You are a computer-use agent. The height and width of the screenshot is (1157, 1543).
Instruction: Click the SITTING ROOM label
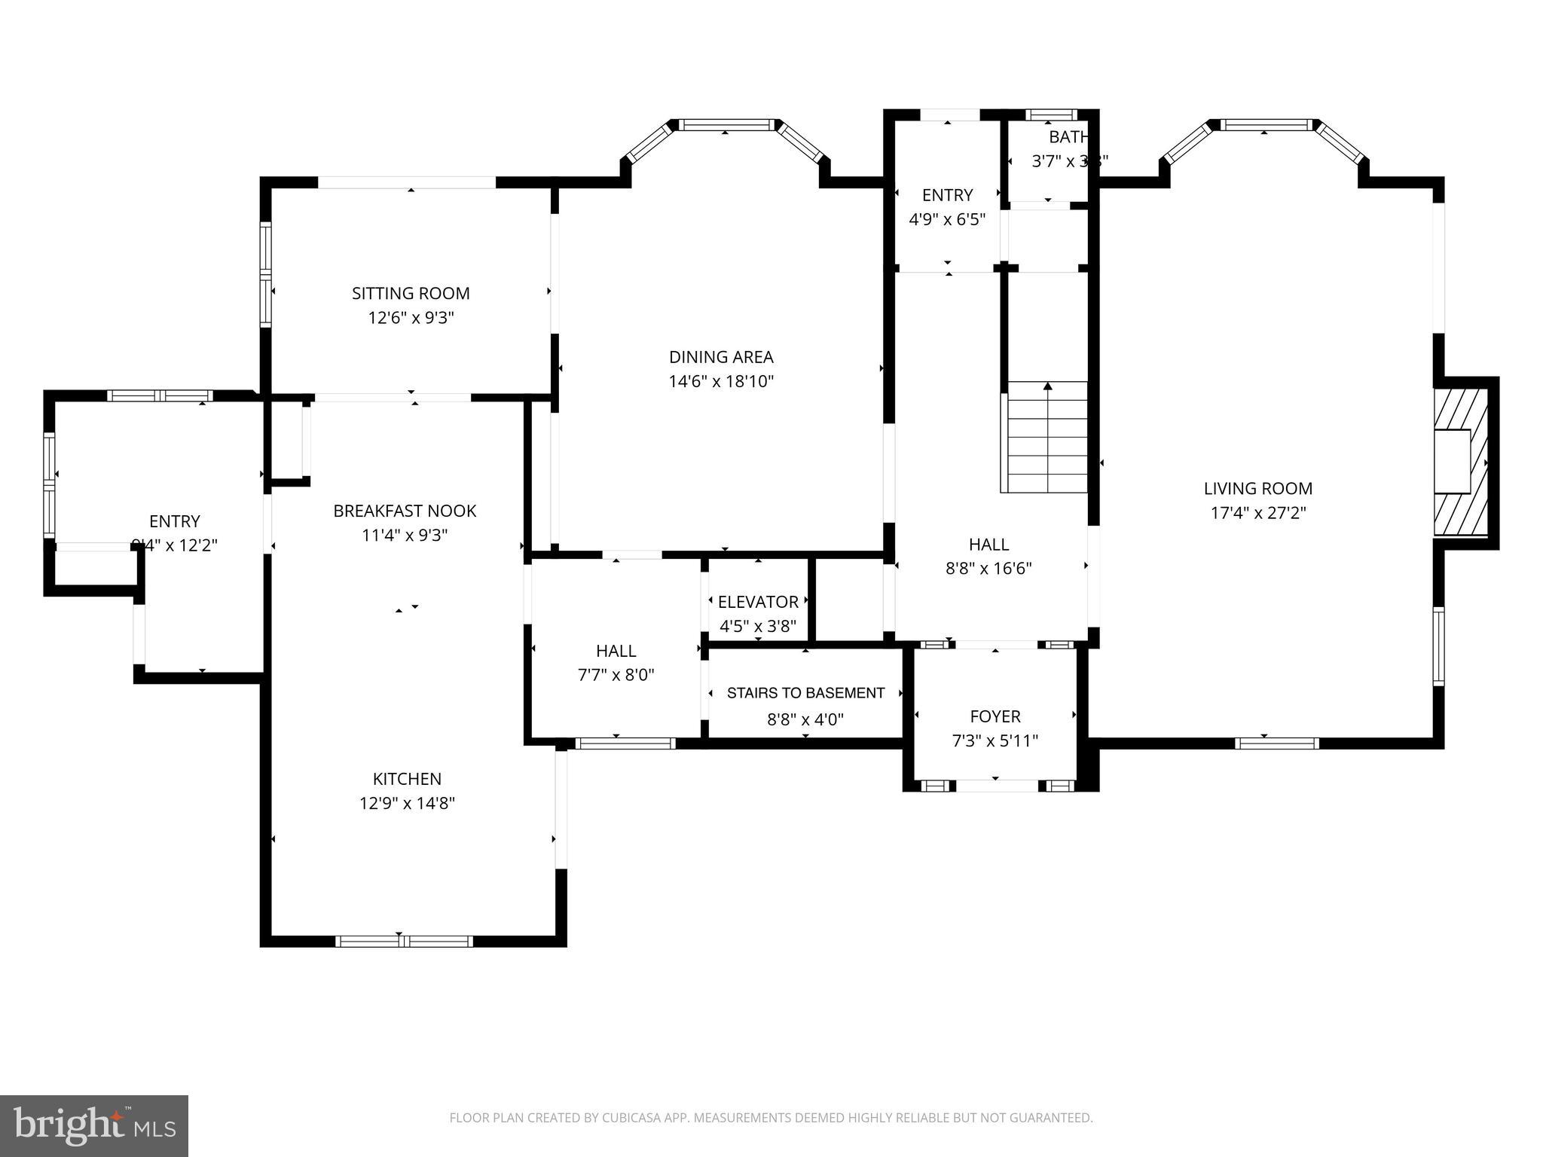pyautogui.click(x=411, y=293)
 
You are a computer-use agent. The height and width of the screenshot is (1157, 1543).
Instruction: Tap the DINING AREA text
pyautogui.click(x=721, y=356)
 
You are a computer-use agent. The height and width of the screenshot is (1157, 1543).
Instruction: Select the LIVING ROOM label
pyautogui.click(x=1257, y=488)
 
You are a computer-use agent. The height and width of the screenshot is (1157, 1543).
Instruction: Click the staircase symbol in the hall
pyautogui.click(x=1047, y=437)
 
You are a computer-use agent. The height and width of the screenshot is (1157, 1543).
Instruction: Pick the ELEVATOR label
pyautogui.click(x=758, y=602)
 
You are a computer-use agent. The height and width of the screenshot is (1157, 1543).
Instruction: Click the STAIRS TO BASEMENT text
pyautogui.click(x=805, y=693)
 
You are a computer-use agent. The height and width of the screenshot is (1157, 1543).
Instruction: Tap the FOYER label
pyautogui.click(x=995, y=716)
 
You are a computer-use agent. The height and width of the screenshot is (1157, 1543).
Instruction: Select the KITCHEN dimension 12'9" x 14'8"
pyautogui.click(x=407, y=803)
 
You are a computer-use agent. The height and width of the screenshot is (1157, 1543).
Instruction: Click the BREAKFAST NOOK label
pyautogui.click(x=405, y=511)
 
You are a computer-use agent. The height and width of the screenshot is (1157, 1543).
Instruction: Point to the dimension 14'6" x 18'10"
pyautogui.click(x=721, y=381)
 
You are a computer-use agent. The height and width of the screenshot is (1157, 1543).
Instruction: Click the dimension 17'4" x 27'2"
pyautogui.click(x=1257, y=513)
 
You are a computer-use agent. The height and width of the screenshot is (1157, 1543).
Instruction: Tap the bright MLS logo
pyautogui.click(x=94, y=1125)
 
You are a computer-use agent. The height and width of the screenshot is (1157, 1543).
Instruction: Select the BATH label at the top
pyautogui.click(x=1068, y=137)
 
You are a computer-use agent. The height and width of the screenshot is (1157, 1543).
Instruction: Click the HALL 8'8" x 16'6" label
pyautogui.click(x=988, y=545)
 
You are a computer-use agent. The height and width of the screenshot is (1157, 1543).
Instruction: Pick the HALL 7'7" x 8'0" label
pyautogui.click(x=616, y=651)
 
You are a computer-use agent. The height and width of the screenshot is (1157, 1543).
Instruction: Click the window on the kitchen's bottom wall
pyautogui.click(x=404, y=941)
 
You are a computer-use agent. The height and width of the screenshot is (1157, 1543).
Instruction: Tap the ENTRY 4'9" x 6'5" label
pyautogui.click(x=947, y=195)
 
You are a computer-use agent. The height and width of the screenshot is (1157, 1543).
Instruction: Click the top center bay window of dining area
pyautogui.click(x=726, y=124)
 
